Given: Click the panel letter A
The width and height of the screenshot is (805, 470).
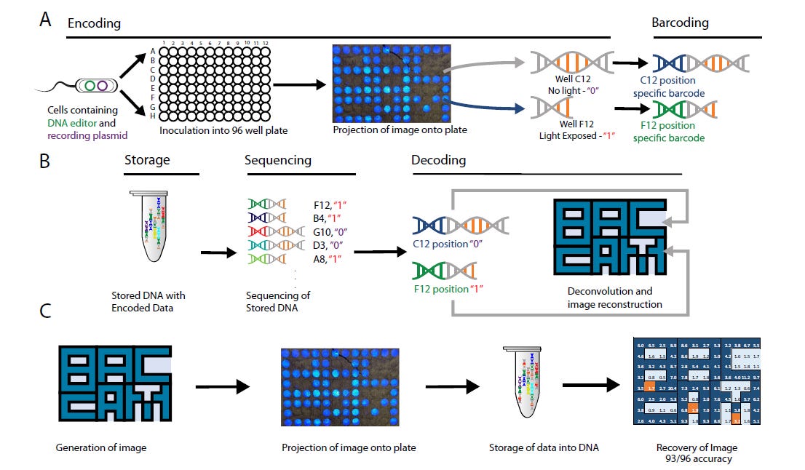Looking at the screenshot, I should [45, 18].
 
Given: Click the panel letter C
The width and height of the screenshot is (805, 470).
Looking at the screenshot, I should [45, 311].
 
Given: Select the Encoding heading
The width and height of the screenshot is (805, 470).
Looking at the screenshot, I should [94, 23].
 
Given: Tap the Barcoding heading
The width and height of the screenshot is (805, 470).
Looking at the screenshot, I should [680, 23].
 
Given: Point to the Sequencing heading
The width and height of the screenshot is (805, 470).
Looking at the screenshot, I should [277, 160].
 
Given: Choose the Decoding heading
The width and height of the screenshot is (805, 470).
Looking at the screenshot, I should [440, 160].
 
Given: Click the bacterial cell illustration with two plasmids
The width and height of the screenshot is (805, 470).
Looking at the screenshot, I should [97, 85].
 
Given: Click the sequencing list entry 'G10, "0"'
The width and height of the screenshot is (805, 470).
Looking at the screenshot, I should [328, 231].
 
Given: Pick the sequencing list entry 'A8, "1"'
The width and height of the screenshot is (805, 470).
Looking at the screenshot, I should [325, 259].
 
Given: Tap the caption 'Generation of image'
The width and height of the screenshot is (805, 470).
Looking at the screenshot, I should [101, 447].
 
